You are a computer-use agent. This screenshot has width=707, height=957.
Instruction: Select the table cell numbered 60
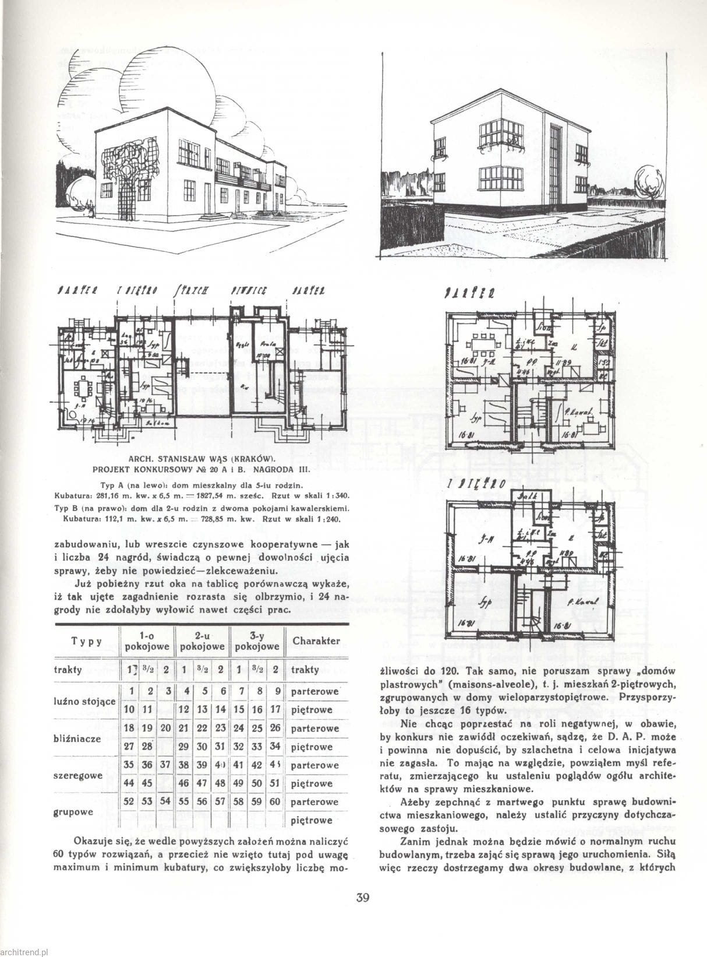(x=275, y=802)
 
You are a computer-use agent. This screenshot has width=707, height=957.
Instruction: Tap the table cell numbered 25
(x=257, y=728)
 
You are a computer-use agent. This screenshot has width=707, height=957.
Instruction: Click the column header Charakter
(x=316, y=641)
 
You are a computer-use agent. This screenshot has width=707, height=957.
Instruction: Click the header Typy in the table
(x=87, y=642)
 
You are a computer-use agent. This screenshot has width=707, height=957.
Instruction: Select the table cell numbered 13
(x=202, y=710)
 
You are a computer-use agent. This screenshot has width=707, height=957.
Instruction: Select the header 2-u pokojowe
(x=203, y=641)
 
